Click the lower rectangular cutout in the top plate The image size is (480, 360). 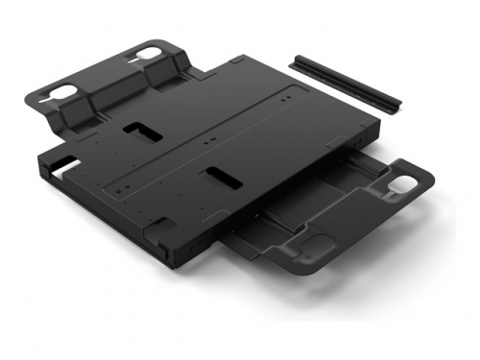[x=220, y=178]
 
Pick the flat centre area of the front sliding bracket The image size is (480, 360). [x=288, y=216]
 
